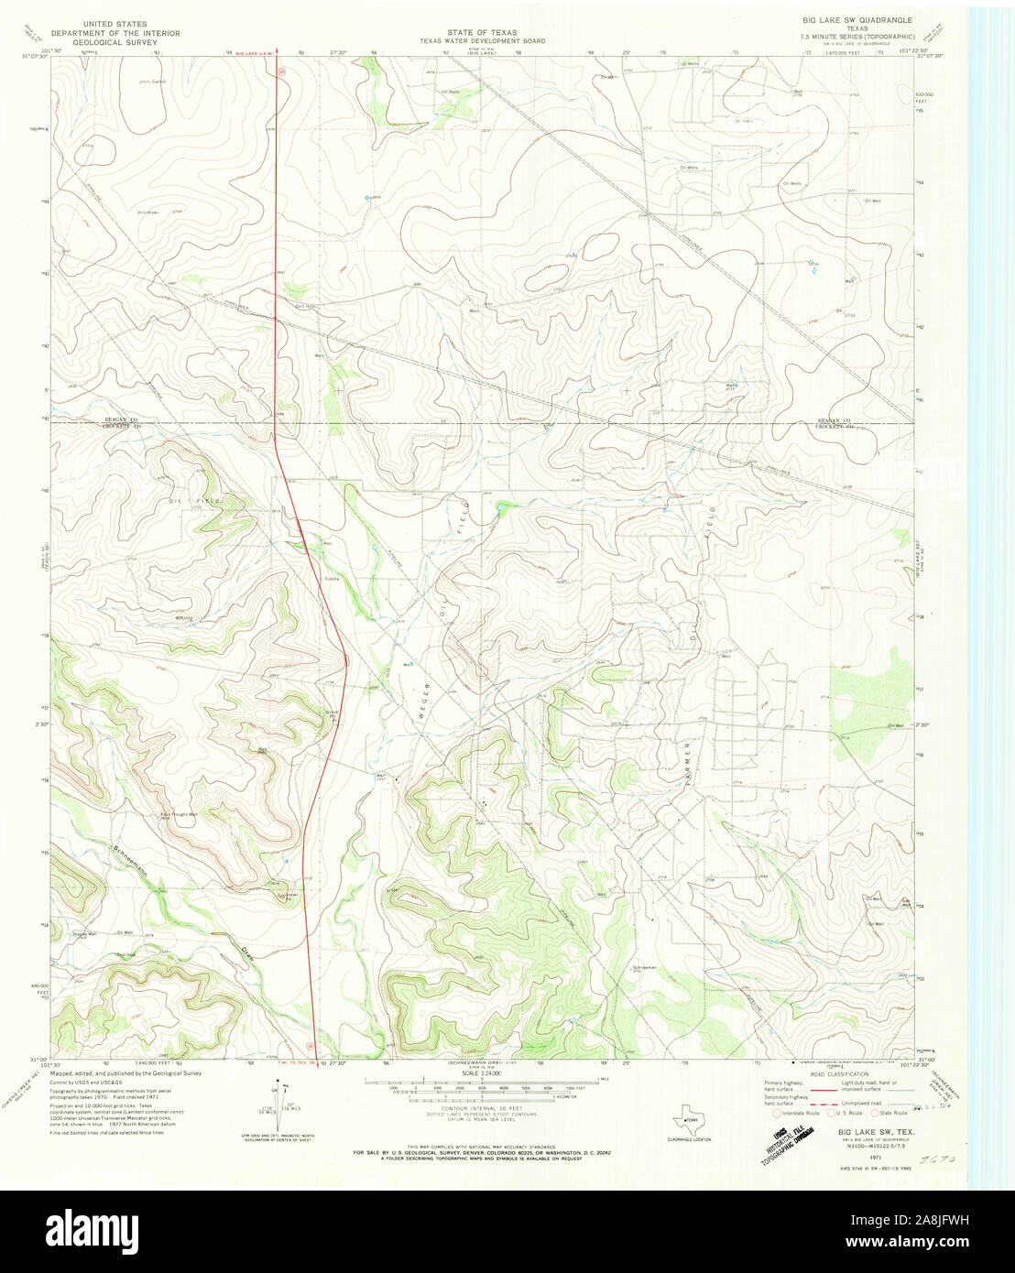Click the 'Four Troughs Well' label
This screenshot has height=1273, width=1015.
click(x=180, y=813)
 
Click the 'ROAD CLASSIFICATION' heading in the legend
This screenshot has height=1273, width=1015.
click(x=837, y=1073)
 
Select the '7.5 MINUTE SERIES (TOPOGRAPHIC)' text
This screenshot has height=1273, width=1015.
click(x=857, y=36)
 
